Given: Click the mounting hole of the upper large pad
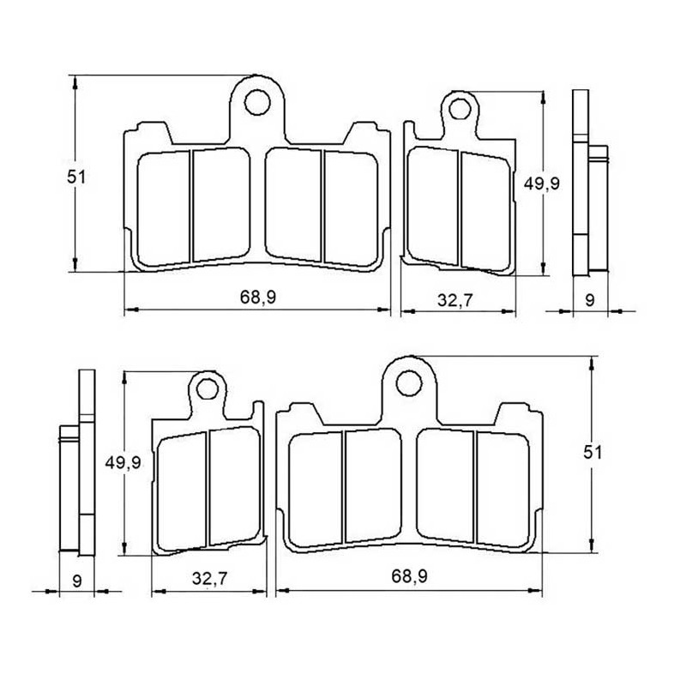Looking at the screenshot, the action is click(x=258, y=103).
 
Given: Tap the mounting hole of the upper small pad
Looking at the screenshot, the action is click(x=460, y=110).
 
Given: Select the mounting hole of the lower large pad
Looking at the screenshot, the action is click(x=409, y=383).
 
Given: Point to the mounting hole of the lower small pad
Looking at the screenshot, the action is click(x=208, y=389).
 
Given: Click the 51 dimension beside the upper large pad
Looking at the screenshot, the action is click(x=77, y=178).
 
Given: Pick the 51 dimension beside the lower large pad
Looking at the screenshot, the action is click(x=593, y=453).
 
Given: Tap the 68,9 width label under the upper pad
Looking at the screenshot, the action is click(x=258, y=298).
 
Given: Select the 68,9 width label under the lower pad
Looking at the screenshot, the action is click(x=409, y=576).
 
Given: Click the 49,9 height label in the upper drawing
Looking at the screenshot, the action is click(x=542, y=184).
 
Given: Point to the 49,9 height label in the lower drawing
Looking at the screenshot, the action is click(x=123, y=462).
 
